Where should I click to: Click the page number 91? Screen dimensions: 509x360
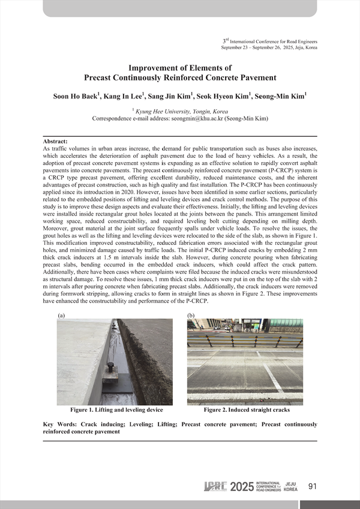point(312,486)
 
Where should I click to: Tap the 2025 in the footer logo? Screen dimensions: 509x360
point(242,486)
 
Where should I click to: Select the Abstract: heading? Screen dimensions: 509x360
point(56,140)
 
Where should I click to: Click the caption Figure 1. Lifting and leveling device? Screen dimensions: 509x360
point(116,410)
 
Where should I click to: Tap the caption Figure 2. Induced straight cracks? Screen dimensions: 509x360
point(247,410)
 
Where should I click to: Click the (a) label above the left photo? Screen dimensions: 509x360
point(61,315)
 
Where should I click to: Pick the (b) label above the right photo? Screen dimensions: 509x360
point(191,315)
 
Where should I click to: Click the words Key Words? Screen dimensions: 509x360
point(62,424)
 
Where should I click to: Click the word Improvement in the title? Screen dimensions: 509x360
point(155,68)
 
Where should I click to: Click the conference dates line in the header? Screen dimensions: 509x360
point(269,47)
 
